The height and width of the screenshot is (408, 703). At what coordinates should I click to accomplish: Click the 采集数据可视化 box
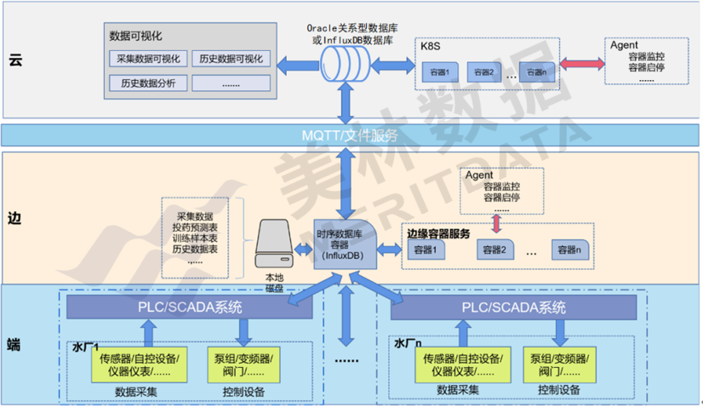pyautogui.click(x=146, y=59)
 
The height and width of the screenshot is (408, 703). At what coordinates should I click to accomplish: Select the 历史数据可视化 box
pyautogui.click(x=230, y=59)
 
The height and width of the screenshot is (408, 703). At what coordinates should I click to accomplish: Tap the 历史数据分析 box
pyautogui.click(x=146, y=83)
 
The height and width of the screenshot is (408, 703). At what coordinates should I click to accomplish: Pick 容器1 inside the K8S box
pyautogui.click(x=442, y=72)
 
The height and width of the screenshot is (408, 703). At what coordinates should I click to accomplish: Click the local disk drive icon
pyautogui.click(x=275, y=246)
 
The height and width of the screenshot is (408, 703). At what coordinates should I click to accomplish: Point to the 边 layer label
pyautogui.click(x=14, y=217)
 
